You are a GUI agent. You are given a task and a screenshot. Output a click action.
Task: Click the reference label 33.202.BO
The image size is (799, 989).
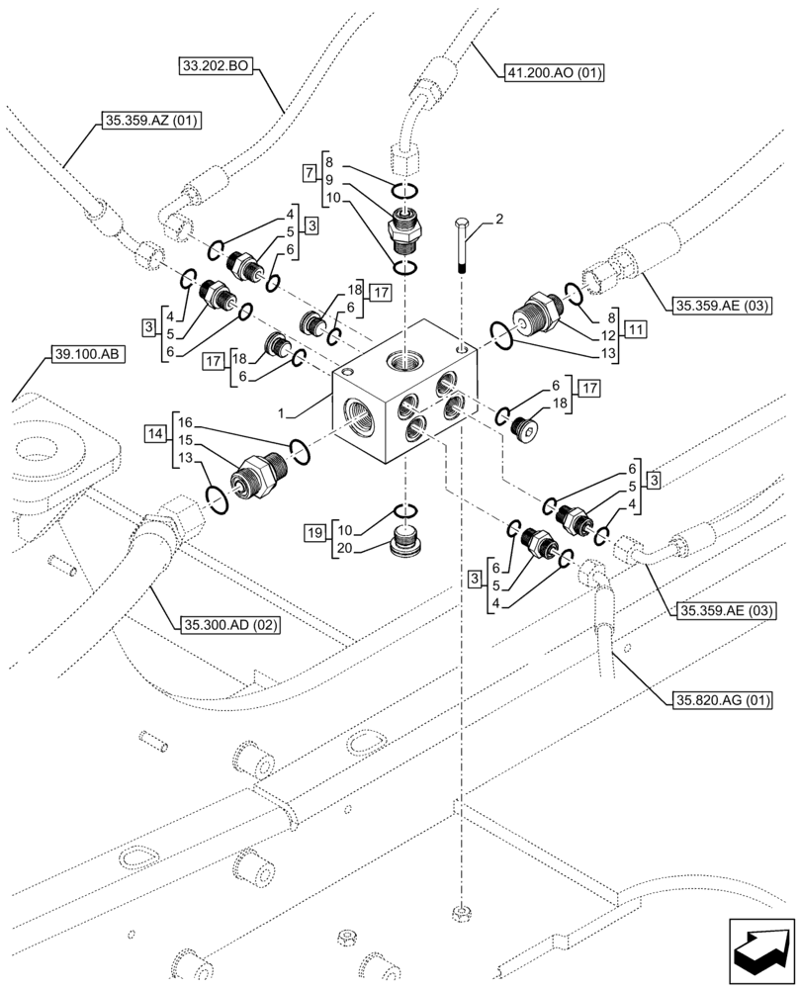(216, 67)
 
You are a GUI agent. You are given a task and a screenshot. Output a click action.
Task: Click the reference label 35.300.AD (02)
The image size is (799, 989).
(230, 624)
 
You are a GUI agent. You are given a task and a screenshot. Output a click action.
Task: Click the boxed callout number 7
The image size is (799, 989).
(311, 174)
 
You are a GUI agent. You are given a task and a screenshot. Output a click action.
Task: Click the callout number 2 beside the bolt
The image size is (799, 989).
(498, 219)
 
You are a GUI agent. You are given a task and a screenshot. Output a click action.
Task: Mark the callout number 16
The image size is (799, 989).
(184, 421)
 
